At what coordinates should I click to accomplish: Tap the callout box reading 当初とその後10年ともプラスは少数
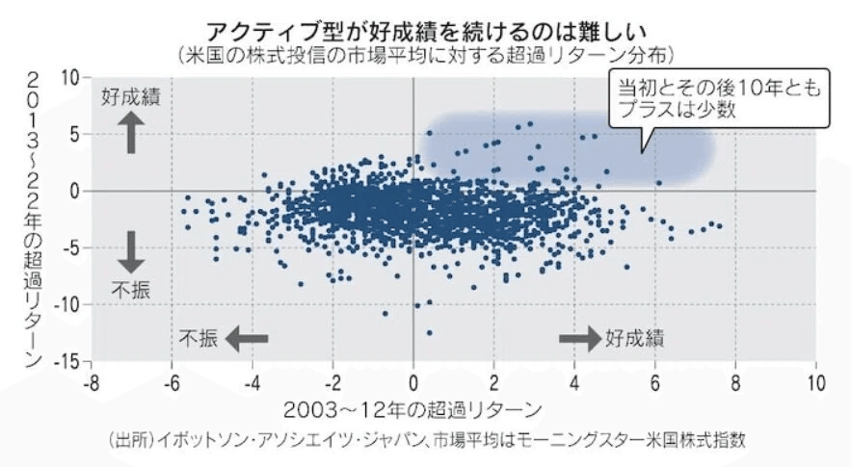(x=721, y=98)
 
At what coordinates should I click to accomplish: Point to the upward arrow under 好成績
(x=133, y=134)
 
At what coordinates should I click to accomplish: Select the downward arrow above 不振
(x=133, y=253)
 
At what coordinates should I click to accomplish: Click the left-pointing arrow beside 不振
(x=246, y=338)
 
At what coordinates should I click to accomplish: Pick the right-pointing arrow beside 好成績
(x=579, y=338)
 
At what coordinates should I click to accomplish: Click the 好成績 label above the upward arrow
(x=133, y=98)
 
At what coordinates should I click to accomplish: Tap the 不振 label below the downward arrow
(x=131, y=290)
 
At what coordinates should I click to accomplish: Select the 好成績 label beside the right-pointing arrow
(x=636, y=338)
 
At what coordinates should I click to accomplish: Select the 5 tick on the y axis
(x=73, y=135)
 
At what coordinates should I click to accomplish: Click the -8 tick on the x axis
(x=91, y=379)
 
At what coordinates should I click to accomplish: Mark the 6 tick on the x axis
(x=654, y=379)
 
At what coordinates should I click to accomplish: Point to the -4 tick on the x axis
(x=252, y=379)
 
